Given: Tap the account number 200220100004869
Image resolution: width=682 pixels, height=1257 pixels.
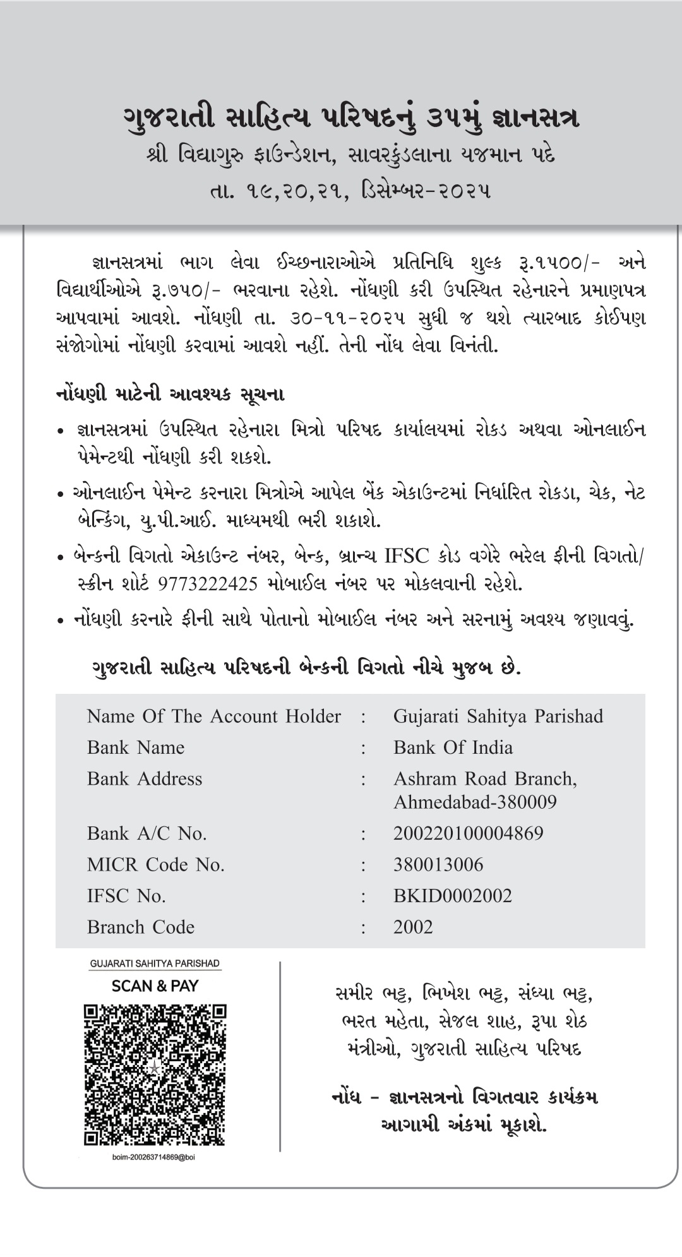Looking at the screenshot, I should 468,833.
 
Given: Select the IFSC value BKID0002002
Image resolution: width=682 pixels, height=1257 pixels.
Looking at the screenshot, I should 452,896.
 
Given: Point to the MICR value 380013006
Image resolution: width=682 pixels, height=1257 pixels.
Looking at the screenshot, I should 438,864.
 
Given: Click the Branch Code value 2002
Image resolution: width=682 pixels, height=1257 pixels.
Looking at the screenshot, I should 413,927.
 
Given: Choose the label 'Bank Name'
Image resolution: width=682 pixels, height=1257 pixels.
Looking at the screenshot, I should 136,748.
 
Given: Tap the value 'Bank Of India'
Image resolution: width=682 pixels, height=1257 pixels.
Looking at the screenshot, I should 453,748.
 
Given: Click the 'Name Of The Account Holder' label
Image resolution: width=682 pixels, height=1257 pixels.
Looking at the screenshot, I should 213,716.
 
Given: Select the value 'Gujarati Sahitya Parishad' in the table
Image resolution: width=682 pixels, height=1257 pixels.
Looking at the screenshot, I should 498,716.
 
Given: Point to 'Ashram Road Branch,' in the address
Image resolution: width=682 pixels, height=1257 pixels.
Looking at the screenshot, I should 485,778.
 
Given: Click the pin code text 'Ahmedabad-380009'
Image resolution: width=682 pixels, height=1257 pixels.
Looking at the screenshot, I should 475,802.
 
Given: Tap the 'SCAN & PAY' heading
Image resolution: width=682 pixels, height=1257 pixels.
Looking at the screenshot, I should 155,986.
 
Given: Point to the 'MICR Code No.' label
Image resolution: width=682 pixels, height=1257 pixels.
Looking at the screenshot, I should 156,864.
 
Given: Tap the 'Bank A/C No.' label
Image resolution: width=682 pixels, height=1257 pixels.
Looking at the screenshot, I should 147,833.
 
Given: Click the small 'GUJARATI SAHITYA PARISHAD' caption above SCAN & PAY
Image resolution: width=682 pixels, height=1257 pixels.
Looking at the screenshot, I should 155,963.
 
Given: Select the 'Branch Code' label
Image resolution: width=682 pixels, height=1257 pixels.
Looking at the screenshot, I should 140,927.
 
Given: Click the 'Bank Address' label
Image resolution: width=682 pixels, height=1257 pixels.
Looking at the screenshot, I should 145,778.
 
